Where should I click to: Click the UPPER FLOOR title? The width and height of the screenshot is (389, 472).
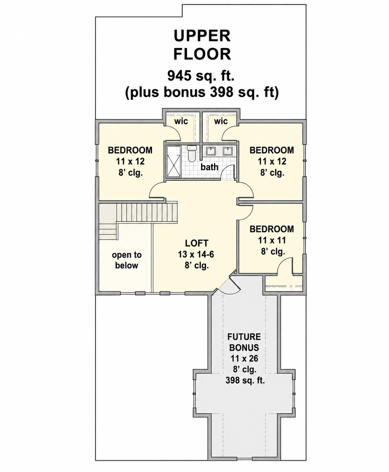pyautogui.click(x=202, y=45)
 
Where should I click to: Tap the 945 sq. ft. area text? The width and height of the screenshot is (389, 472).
pyautogui.click(x=201, y=76)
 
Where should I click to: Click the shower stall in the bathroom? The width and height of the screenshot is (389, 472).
pyautogui.click(x=174, y=161)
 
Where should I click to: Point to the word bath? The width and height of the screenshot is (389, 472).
pyautogui.click(x=209, y=167)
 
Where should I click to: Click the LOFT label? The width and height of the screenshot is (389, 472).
pyautogui.click(x=197, y=243)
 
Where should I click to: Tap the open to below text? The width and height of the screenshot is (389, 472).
pyautogui.click(x=127, y=260)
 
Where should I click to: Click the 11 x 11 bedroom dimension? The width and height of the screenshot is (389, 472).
pyautogui.click(x=272, y=240)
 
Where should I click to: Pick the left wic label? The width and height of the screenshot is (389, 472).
pyautogui.click(x=181, y=121)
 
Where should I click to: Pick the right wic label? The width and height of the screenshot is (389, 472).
pyautogui.click(x=220, y=121)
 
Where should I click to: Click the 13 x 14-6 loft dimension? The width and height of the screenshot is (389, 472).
pyautogui.click(x=196, y=254)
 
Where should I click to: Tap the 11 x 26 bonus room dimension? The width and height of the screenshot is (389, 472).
pyautogui.click(x=244, y=358)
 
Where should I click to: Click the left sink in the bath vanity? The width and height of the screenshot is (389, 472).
pyautogui.click(x=211, y=151)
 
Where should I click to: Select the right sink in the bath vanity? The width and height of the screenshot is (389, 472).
pyautogui.click(x=227, y=151)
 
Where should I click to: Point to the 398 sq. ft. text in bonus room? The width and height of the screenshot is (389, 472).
pyautogui.click(x=245, y=380)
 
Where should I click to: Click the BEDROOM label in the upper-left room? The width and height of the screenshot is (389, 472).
pyautogui.click(x=130, y=150)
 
